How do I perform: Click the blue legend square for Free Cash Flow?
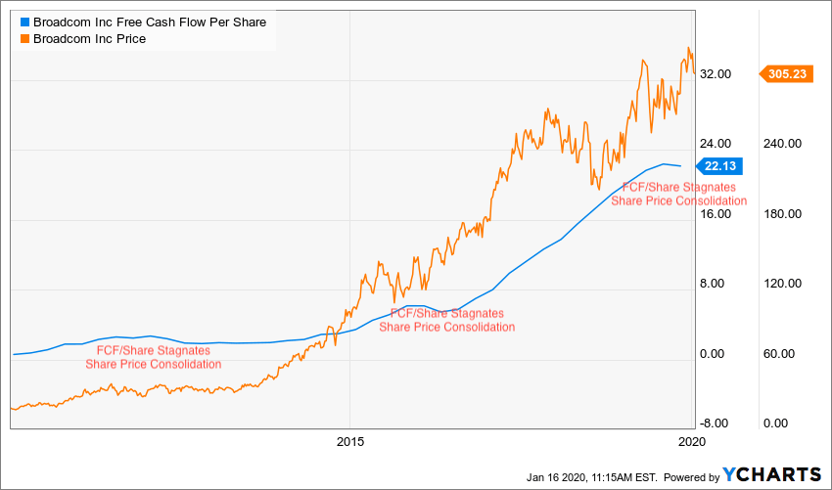click(x=25, y=22)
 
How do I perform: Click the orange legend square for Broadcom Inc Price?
click(x=25, y=39)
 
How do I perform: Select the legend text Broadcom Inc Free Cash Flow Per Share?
click(x=149, y=22)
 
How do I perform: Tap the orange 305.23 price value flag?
click(x=788, y=72)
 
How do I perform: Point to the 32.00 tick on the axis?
click(x=717, y=73)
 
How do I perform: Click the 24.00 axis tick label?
click(x=717, y=144)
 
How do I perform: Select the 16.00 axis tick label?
click(x=717, y=214)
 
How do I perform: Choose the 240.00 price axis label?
click(x=782, y=144)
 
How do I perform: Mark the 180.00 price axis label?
click(x=782, y=214)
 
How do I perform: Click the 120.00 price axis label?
click(x=782, y=284)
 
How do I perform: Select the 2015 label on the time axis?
click(x=349, y=442)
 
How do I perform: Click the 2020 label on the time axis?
click(x=692, y=442)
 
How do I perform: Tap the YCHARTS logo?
click(x=771, y=474)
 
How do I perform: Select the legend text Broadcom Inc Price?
click(x=90, y=39)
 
